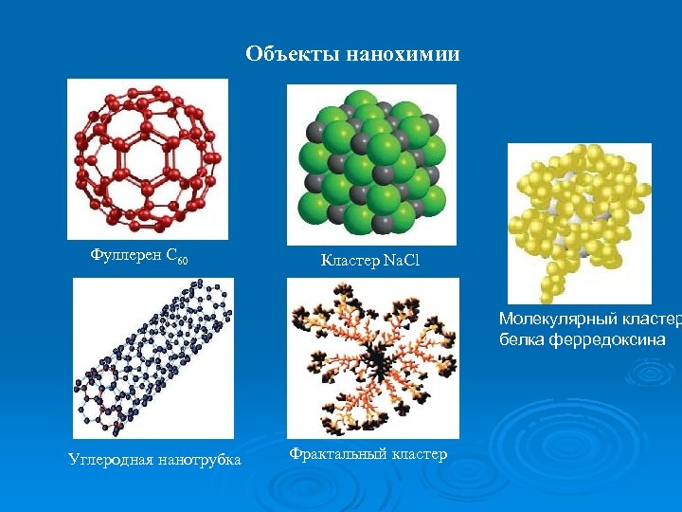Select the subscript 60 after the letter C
tap(183, 258)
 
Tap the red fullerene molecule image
tap(148, 157)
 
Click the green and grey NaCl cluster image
tap(370, 162)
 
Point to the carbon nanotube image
tap(153, 358)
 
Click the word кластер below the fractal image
tap(418, 454)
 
